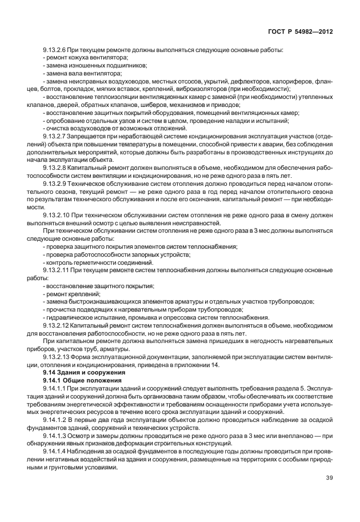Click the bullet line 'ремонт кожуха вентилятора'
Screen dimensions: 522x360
86,59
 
